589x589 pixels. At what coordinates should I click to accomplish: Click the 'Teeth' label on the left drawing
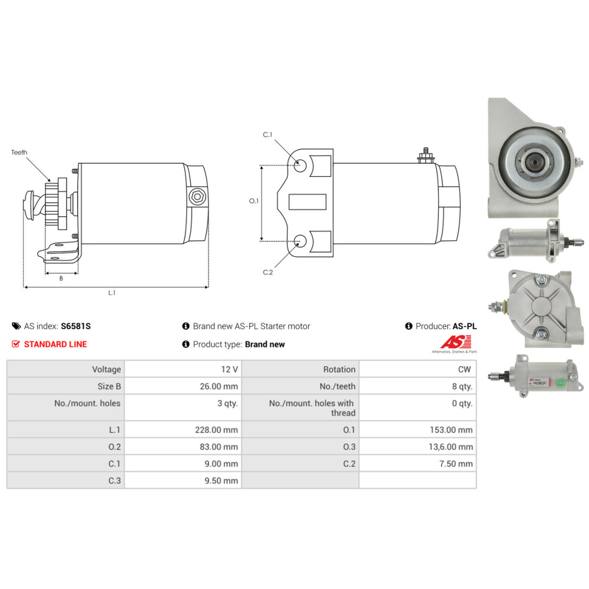(19, 153)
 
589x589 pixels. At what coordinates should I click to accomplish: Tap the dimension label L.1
(112, 293)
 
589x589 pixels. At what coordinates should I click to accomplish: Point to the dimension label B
(61, 278)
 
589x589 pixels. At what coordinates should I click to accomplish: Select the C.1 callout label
(267, 135)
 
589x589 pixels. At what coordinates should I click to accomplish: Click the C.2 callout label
(267, 272)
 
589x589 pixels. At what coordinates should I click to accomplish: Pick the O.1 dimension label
(254, 201)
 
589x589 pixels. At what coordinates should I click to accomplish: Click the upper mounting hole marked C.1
(300, 165)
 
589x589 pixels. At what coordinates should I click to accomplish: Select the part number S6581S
(77, 326)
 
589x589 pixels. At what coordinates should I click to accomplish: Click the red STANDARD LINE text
(55, 344)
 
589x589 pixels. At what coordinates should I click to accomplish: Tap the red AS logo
(456, 342)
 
